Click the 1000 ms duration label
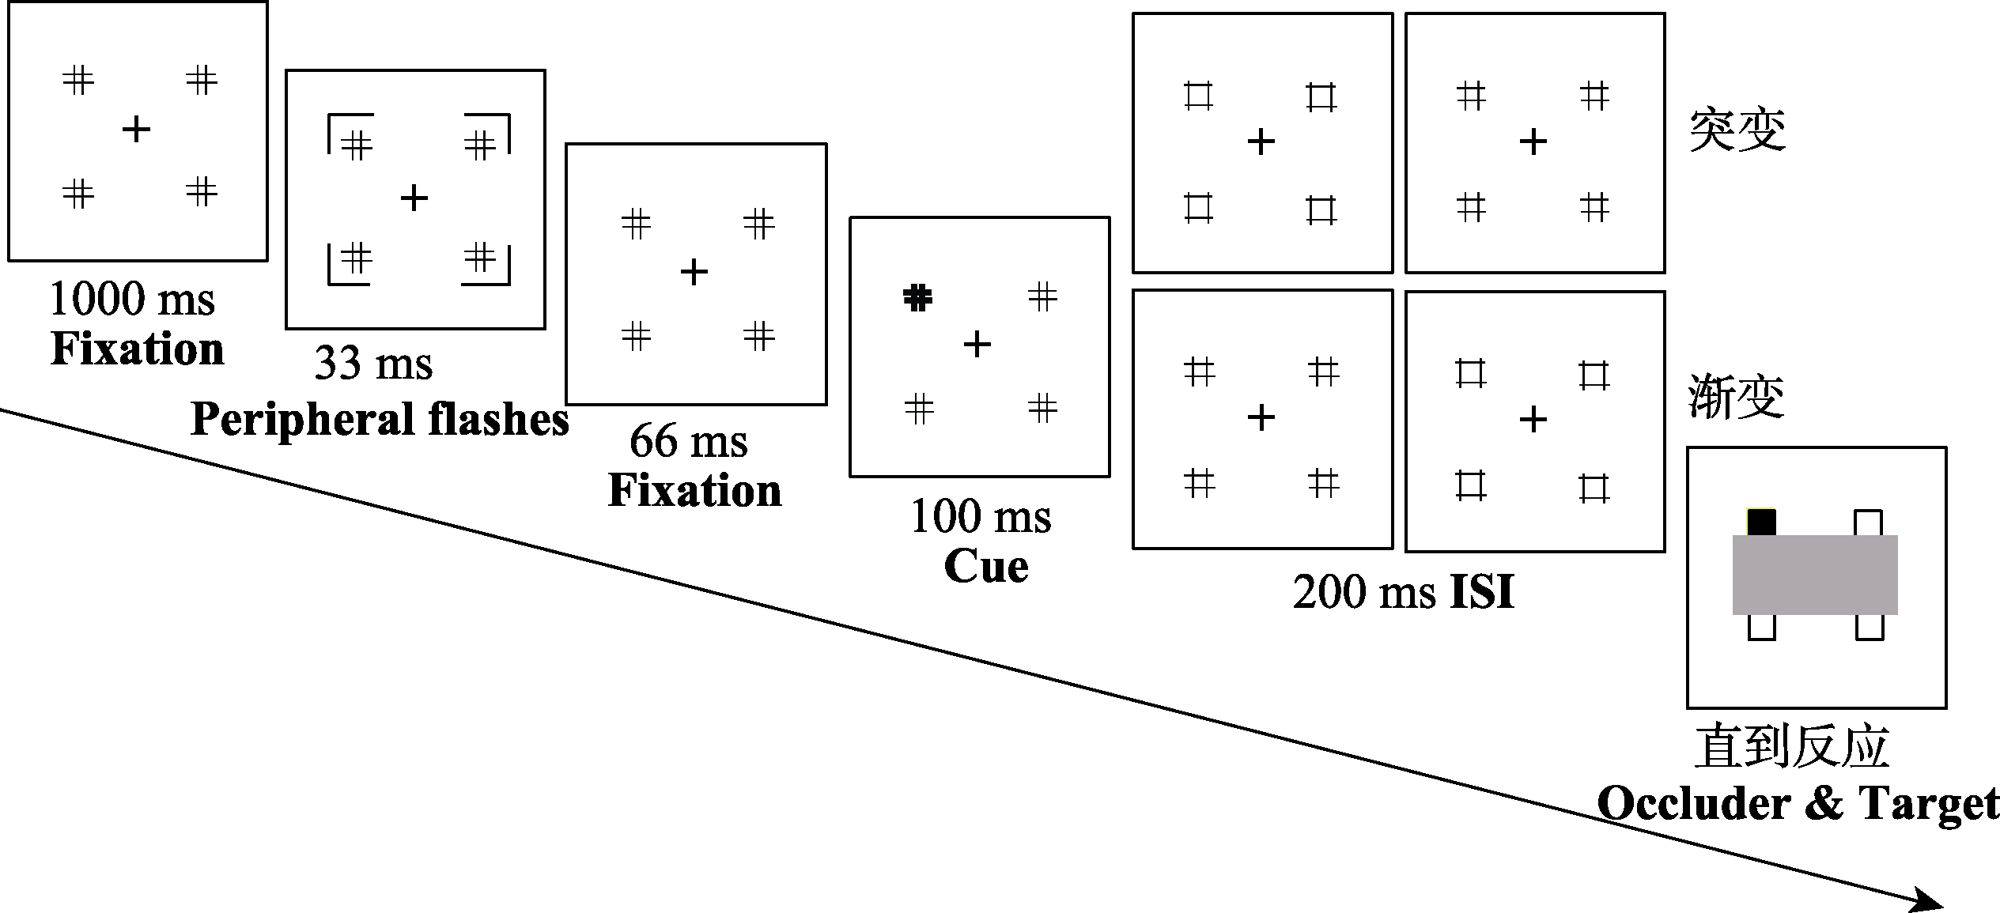132,300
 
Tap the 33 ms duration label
373,364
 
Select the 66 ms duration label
688,441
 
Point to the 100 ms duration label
981,517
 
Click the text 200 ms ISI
1404,591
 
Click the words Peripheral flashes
380,419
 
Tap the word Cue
986,567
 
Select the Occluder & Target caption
1798,804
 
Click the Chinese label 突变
1737,130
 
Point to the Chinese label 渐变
1737,397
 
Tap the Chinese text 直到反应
1791,746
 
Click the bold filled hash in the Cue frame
917,297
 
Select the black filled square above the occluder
1761,523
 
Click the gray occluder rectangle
1815,575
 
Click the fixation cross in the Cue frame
977,345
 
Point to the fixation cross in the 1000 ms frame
136,129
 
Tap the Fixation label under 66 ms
694,491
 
